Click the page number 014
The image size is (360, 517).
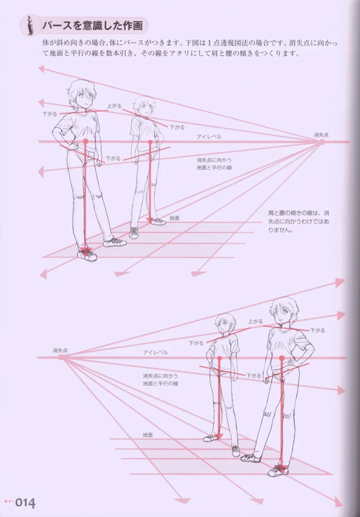[x=25, y=503]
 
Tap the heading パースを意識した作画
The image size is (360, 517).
[x=92, y=26]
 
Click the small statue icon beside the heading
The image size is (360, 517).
[x=30, y=25]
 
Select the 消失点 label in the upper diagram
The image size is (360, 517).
[x=321, y=135]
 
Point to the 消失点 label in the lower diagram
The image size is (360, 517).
[x=60, y=350]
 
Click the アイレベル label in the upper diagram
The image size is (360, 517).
[x=209, y=137]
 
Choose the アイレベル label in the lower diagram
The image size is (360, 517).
[x=156, y=352]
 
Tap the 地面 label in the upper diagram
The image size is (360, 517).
[x=174, y=218]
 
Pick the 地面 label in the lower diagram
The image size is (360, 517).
[x=148, y=435]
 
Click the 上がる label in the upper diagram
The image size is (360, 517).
[x=114, y=106]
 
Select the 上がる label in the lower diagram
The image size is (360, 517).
[x=255, y=321]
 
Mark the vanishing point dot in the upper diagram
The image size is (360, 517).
[x=321, y=142]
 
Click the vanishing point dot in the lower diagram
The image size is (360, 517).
[x=61, y=357]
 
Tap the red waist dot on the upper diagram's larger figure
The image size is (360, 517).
[x=86, y=142]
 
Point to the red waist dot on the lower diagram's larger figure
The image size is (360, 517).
[x=282, y=358]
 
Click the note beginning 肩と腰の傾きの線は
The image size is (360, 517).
[x=299, y=221]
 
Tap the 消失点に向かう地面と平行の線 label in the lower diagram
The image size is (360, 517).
[x=160, y=380]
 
